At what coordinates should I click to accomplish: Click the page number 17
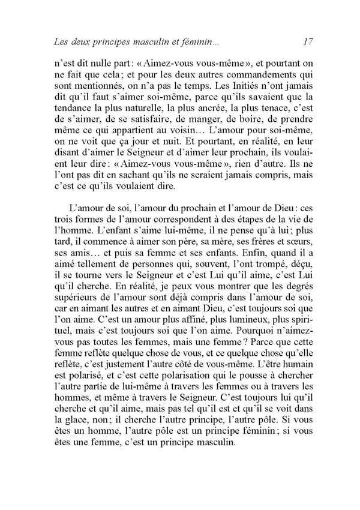(308, 43)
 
